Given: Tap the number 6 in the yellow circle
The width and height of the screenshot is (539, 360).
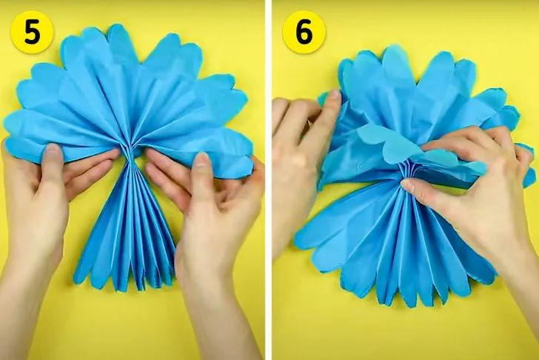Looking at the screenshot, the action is click(304, 33).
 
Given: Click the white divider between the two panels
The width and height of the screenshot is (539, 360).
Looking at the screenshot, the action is click(268, 180).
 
